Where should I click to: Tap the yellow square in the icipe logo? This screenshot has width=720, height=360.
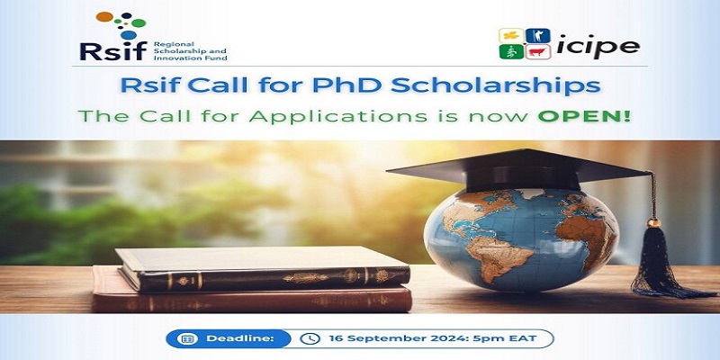pyautogui.click(x=510, y=36)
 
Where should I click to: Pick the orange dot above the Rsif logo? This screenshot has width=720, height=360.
pyautogui.click(x=106, y=17)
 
